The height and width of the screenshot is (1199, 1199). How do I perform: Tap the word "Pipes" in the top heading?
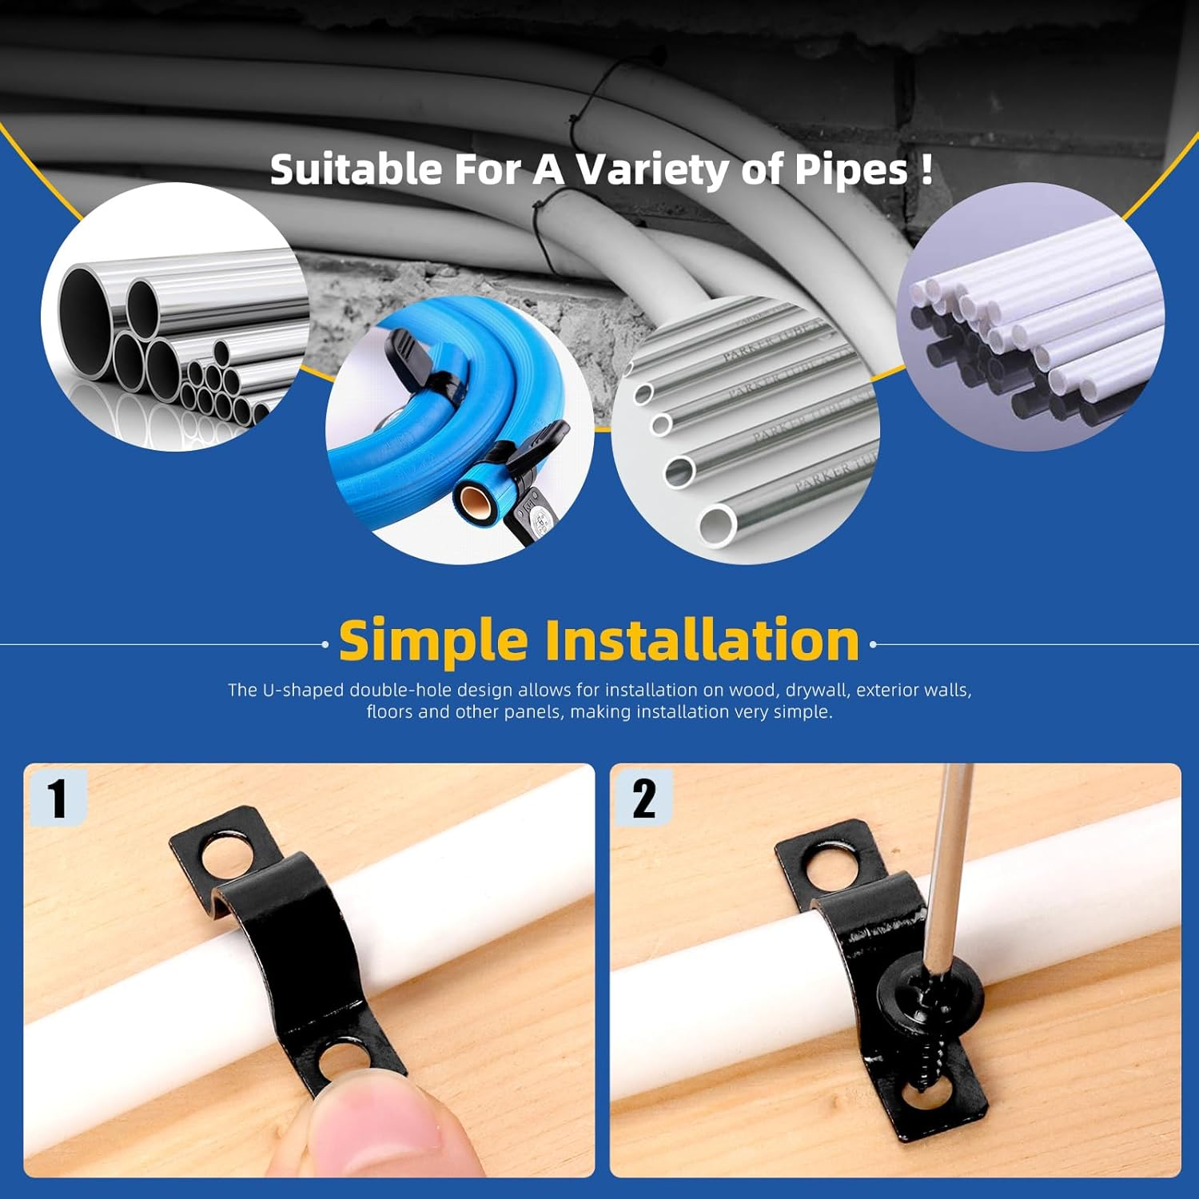point(850,169)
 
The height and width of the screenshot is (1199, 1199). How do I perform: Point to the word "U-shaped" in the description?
point(303,690)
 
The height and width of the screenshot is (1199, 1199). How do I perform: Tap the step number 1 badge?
point(57,798)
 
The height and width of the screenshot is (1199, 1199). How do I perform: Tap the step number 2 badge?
point(643,798)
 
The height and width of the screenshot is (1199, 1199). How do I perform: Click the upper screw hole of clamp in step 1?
point(227,857)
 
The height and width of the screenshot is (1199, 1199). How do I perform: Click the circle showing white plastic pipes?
point(1031,317)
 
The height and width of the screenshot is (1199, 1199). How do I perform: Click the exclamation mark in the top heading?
point(926,169)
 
